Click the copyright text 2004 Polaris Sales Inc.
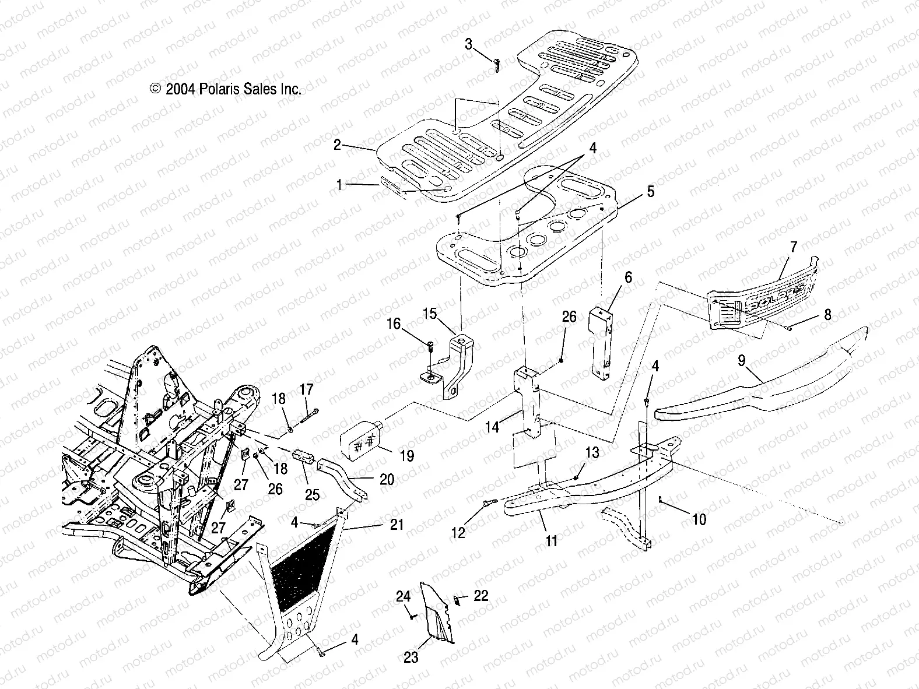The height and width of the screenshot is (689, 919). (x=226, y=89)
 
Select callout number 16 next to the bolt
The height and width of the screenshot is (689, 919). (x=395, y=324)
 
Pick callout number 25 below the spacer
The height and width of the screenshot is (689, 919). (x=313, y=495)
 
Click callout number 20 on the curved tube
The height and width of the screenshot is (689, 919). (x=386, y=480)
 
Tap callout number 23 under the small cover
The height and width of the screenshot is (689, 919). (x=411, y=658)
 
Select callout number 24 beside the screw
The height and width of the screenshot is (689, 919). (x=403, y=596)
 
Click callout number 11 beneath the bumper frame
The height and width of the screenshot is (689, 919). (x=551, y=541)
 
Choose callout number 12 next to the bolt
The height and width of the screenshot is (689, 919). (x=459, y=533)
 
